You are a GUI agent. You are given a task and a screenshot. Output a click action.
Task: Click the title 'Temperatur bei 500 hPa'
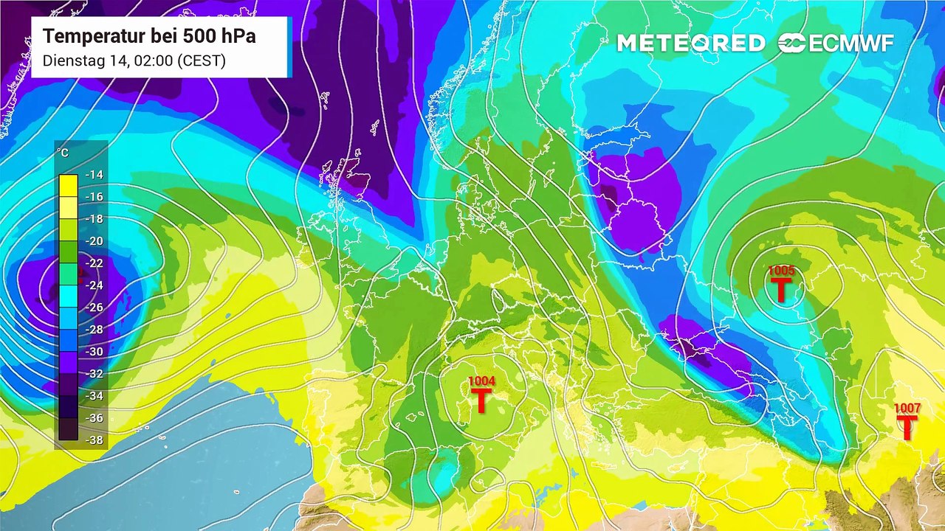(149, 36)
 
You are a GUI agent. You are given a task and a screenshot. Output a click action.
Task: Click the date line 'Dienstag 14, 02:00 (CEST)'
(134, 60)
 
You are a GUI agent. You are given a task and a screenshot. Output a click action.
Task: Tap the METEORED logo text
(690, 44)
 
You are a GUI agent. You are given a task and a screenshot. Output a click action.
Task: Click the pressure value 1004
(481, 381)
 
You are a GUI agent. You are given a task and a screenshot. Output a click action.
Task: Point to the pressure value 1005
(781, 271)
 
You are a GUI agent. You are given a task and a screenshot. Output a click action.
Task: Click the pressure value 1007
(907, 408)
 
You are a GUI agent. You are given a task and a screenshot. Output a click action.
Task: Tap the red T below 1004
(481, 400)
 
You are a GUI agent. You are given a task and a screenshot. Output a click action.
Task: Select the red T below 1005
(780, 290)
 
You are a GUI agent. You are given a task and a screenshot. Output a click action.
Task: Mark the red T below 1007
(907, 427)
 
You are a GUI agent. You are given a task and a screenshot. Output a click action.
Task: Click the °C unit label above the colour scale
(63, 153)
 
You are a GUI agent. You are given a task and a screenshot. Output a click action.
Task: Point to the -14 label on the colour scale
(94, 175)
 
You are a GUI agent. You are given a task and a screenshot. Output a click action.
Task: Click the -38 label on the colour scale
(94, 440)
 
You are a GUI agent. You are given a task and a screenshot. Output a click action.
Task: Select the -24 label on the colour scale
(94, 285)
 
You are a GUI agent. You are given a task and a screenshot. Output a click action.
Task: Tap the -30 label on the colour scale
(94, 352)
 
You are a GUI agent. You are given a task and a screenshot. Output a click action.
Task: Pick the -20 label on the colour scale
(94, 241)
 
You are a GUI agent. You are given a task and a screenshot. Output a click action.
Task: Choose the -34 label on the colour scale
(94, 396)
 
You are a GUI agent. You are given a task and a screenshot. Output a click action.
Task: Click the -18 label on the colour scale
(94, 219)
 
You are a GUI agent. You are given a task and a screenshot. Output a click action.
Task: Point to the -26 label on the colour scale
(94, 308)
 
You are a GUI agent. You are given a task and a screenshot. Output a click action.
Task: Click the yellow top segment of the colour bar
(68, 184)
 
